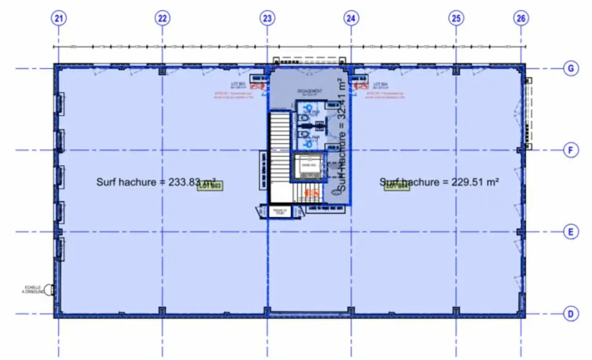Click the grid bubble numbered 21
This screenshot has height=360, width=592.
(x=59, y=18)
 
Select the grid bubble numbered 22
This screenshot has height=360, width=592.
(x=162, y=18)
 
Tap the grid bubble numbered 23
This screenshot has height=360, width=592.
(x=267, y=18)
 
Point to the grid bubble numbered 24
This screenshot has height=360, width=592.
(x=351, y=18)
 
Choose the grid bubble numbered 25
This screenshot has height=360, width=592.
(x=456, y=18)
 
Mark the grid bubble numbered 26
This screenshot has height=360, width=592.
(x=521, y=18)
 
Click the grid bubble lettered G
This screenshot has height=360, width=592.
(x=572, y=68)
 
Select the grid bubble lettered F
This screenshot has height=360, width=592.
(x=572, y=150)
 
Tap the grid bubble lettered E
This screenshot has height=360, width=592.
(x=572, y=232)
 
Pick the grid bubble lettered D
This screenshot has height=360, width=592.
(x=572, y=314)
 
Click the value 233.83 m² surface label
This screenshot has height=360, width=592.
(x=156, y=182)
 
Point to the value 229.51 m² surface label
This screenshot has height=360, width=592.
(x=439, y=182)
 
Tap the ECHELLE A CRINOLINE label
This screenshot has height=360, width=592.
(x=35, y=289)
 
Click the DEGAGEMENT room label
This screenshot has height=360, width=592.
(x=310, y=92)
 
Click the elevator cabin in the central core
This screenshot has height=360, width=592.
(x=307, y=165)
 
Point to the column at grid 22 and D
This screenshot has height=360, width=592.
(x=162, y=311)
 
